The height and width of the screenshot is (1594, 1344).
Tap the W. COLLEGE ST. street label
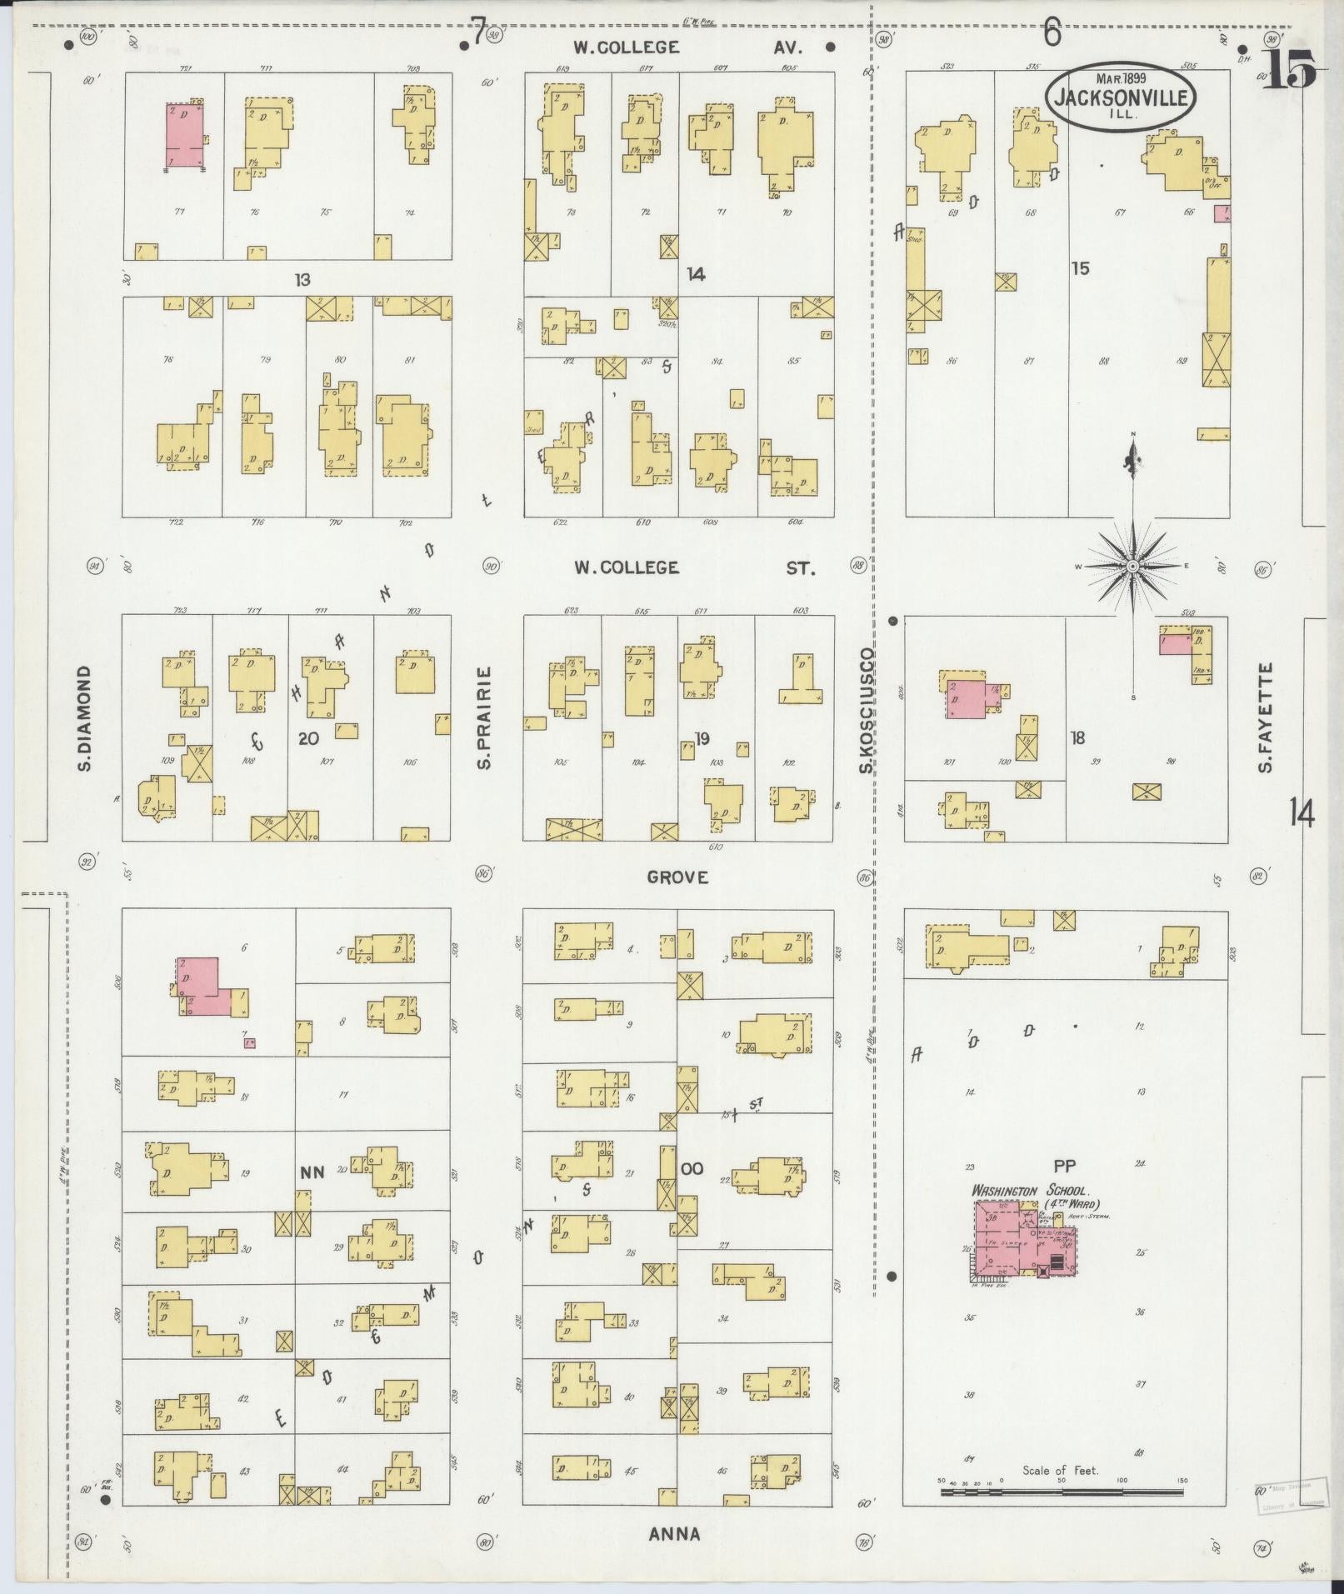[x=693, y=568]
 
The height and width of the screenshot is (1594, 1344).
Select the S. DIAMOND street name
[x=84, y=717]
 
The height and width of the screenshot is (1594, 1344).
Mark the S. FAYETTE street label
[x=1266, y=716]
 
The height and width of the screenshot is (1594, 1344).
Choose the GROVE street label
[x=678, y=877]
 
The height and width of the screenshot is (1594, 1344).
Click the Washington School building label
[x=1037, y=1197]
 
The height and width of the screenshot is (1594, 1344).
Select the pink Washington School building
[x=1021, y=1246]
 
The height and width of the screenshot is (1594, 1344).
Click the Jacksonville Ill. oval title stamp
[x=1120, y=97]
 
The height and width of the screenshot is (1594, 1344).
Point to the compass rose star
[x=1133, y=567]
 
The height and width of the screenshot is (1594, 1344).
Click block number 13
[x=302, y=280]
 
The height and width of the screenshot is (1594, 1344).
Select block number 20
[x=308, y=737]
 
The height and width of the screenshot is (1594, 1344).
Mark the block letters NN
[x=311, y=1171]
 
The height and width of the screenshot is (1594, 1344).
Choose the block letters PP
[x=1064, y=1166]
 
